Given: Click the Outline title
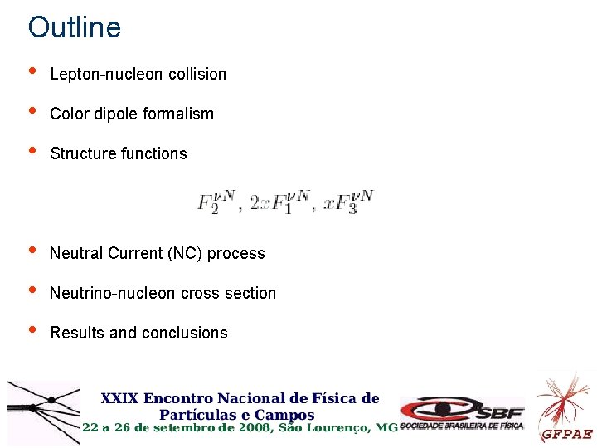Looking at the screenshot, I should pyautogui.click(x=75, y=27).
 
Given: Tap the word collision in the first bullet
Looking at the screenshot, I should pyautogui.click(x=197, y=74).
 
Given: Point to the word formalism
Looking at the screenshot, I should pyautogui.click(x=178, y=114).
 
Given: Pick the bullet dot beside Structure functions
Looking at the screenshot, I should pyautogui.click(x=32, y=151).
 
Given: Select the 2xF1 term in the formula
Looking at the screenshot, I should pyautogui.click(x=280, y=202).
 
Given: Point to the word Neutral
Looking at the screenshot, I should pyautogui.click(x=76, y=253).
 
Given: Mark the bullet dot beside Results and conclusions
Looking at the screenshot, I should pyautogui.click(x=32, y=330).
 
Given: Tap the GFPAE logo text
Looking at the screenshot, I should pyautogui.click(x=567, y=434).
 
